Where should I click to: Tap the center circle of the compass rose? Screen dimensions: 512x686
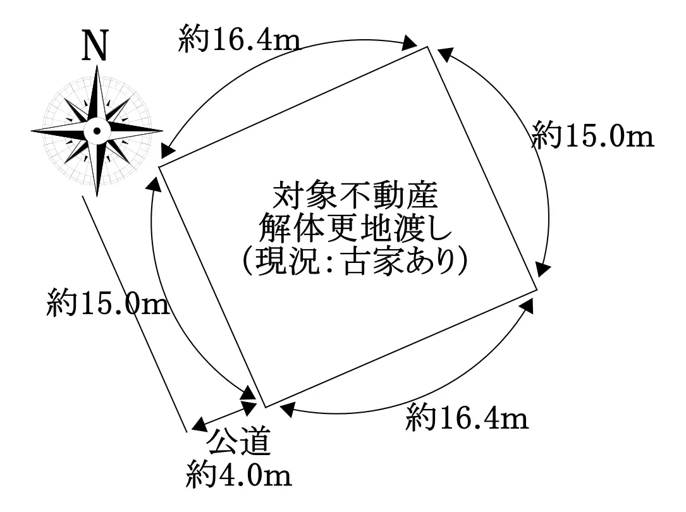coord(97,131)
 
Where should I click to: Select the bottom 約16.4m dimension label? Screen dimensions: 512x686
coord(467,418)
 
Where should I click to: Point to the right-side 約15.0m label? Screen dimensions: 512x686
coord(592,135)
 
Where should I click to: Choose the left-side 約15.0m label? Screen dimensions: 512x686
coord(108,304)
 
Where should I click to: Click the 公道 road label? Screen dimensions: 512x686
coord(239,442)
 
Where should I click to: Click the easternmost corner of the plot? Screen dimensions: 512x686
coord(537,291)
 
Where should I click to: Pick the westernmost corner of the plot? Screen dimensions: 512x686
coord(158,166)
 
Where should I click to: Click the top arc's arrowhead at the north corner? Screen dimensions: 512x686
coord(410,45)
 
